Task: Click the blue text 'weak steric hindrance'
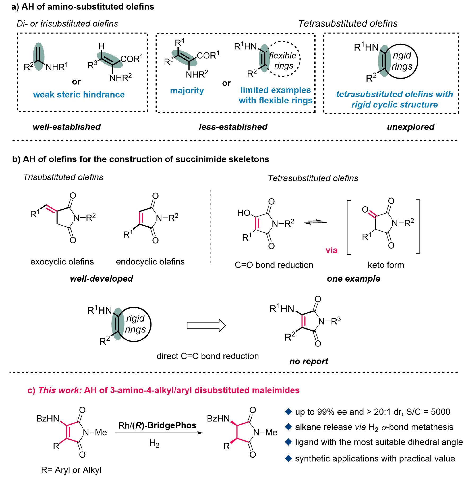pyautogui.click(x=79, y=94)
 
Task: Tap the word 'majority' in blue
pyautogui.click(x=187, y=91)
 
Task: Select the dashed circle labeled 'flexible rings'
pyautogui.click(x=284, y=59)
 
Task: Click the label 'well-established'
pyautogui.click(x=67, y=127)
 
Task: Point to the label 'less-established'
pyautogui.click(x=233, y=127)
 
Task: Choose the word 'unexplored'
pyautogui.click(x=411, y=127)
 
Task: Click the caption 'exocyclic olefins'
pyautogui.click(x=62, y=262)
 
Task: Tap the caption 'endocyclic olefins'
pyautogui.click(x=150, y=262)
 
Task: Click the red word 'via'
pyautogui.click(x=331, y=250)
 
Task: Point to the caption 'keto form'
pyautogui.click(x=386, y=265)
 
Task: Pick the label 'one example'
pyautogui.click(x=353, y=278)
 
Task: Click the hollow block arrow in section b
pyautogui.click(x=206, y=325)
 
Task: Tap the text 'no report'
pyautogui.click(x=309, y=361)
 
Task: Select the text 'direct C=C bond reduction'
pyautogui.click(x=208, y=356)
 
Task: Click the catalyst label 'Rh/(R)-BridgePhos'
pyautogui.click(x=157, y=425)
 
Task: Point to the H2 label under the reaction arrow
pyautogui.click(x=154, y=443)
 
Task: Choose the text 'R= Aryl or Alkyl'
pyautogui.click(x=71, y=470)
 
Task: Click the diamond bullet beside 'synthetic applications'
pyautogui.click(x=288, y=458)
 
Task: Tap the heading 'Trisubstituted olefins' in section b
pyautogui.click(x=63, y=177)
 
